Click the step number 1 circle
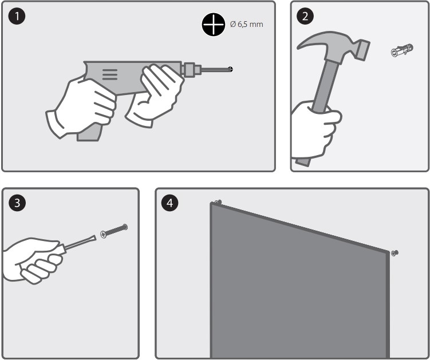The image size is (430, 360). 17,16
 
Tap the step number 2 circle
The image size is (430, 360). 305,16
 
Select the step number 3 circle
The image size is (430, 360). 17,203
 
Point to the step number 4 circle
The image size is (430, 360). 169,203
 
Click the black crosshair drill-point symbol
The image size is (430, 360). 214,25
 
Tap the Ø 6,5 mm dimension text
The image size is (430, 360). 247,25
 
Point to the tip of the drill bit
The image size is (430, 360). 232,69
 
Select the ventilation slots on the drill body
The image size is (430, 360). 110,74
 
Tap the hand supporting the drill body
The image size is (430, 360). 155,94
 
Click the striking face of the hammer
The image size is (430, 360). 364,50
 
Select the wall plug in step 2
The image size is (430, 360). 402,50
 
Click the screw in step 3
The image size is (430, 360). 114,231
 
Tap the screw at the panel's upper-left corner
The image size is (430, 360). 218,203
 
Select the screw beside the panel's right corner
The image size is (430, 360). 395,253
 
